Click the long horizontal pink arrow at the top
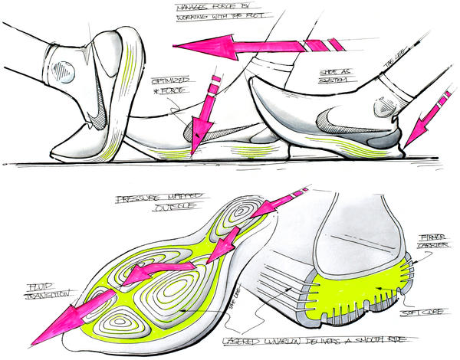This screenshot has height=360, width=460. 245,44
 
